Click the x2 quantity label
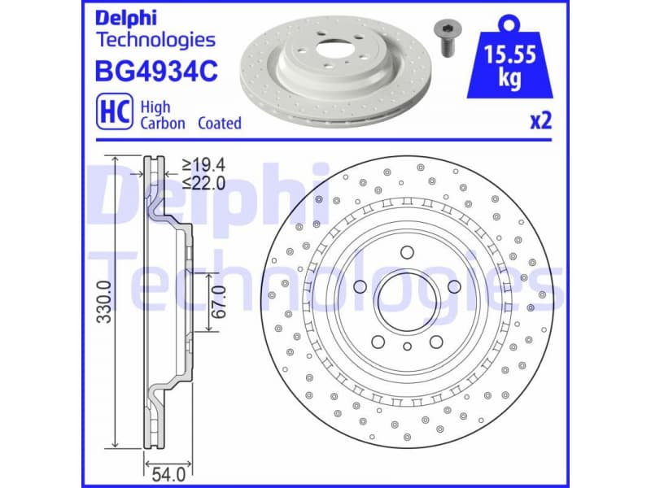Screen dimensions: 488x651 [x=541, y=121]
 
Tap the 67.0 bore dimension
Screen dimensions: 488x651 [x=219, y=302]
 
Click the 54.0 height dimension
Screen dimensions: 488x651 [x=158, y=469]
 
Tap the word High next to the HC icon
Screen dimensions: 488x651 [x=155, y=107]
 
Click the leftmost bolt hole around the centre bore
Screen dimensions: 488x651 [x=359, y=285]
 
